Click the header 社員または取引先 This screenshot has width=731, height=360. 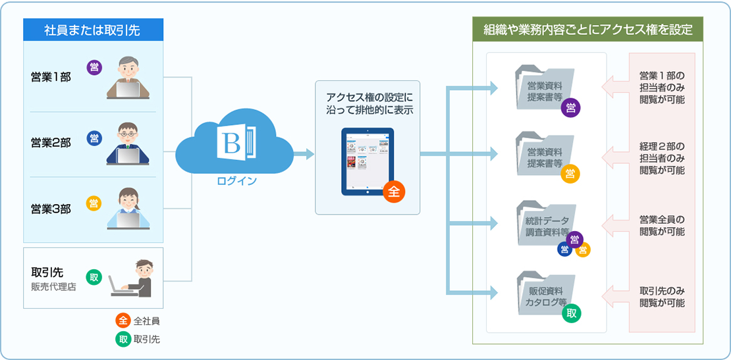[x=92, y=30]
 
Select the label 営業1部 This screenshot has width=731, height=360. [x=51, y=77]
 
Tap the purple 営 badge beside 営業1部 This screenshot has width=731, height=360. [x=95, y=67]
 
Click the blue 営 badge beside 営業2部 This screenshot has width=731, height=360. [x=95, y=138]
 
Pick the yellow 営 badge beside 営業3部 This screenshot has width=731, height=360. [x=95, y=203]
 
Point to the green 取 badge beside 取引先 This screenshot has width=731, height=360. [x=94, y=277]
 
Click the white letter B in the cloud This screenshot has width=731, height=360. [x=230, y=141]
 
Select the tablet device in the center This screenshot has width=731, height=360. [x=367, y=162]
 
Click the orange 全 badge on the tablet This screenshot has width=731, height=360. [x=394, y=192]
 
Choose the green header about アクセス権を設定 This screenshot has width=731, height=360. [x=587, y=30]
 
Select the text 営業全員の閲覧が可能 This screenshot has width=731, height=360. [x=662, y=225]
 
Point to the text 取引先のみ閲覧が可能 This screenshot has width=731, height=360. [x=662, y=297]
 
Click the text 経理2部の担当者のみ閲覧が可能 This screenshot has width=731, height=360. [x=662, y=158]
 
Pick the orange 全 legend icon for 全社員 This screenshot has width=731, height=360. [x=122, y=321]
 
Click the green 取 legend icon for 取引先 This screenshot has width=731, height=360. [x=122, y=340]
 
